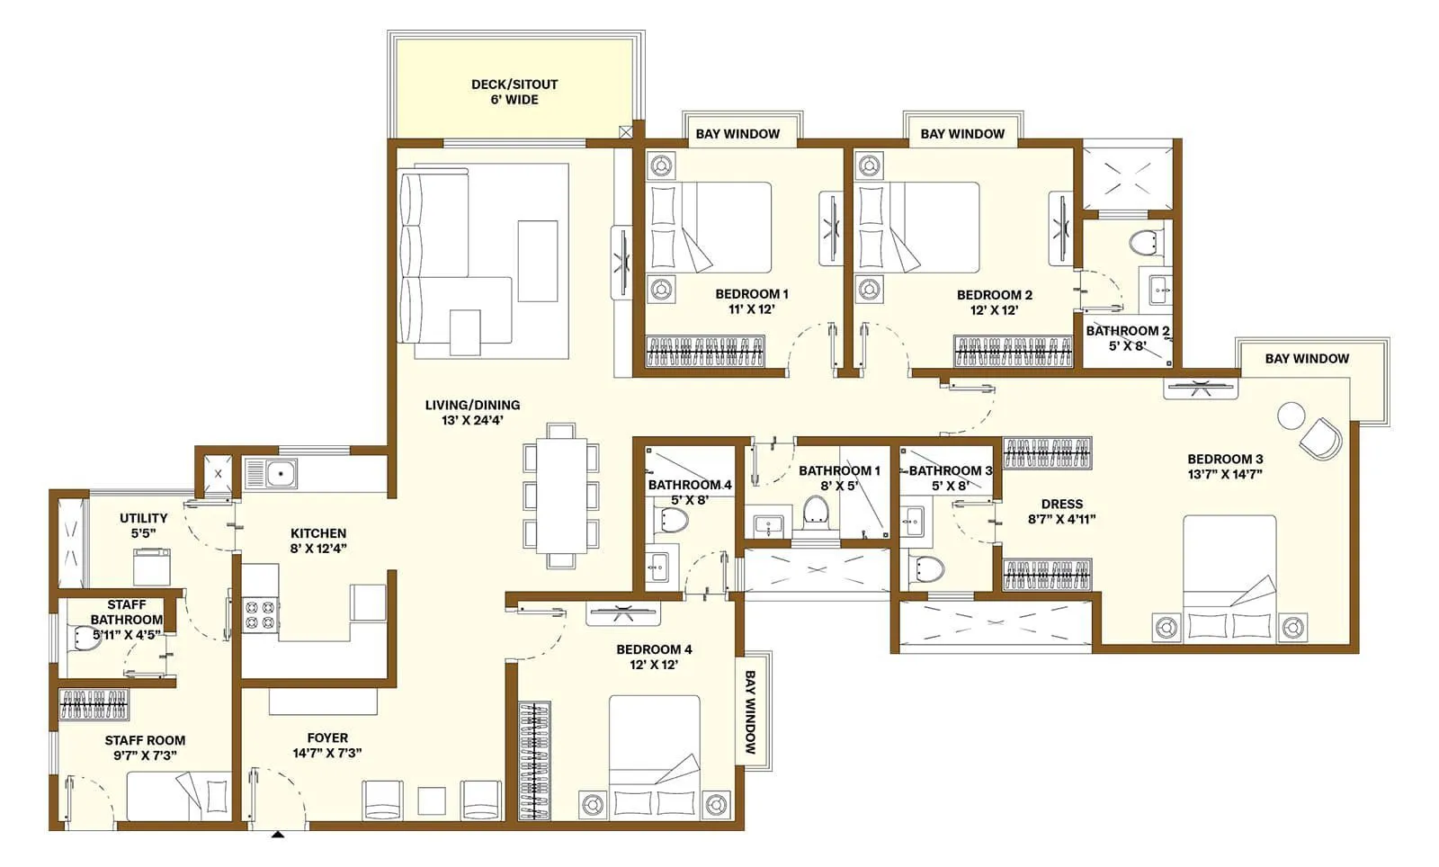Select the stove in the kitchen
[x=261, y=614]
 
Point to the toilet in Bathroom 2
[x=1142, y=242]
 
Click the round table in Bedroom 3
[x=1291, y=416]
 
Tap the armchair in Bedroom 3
[x=1320, y=439]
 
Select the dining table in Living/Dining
[x=561, y=496]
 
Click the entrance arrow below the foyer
[x=279, y=836]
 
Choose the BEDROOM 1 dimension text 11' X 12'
[x=752, y=309]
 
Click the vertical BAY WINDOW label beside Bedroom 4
[x=751, y=711]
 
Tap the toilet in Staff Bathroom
[x=79, y=638]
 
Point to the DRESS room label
[x=1062, y=504]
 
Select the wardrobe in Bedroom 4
[x=535, y=760]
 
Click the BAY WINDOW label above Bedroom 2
[x=962, y=134]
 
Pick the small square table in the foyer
[x=432, y=800]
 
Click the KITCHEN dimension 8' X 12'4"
[x=318, y=548]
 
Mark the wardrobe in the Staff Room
[x=94, y=704]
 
